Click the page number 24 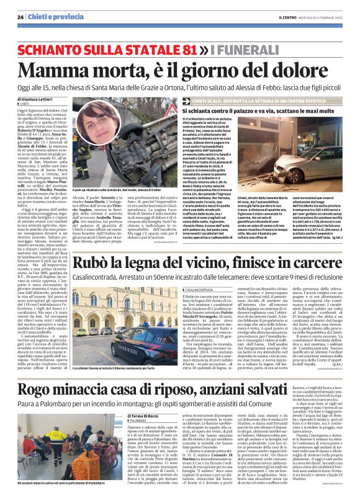[20, 17]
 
